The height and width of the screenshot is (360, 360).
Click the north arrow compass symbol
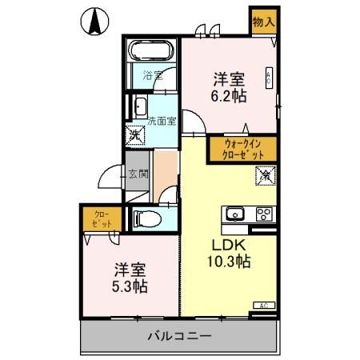point(94,22)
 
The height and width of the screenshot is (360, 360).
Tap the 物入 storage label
point(263,22)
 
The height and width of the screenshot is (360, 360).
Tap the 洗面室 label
point(162,122)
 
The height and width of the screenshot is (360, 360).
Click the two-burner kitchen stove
point(265,214)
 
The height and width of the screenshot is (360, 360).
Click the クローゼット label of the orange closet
point(100,218)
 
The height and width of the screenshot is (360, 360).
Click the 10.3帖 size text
point(230,262)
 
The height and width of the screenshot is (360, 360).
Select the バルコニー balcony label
point(179,335)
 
